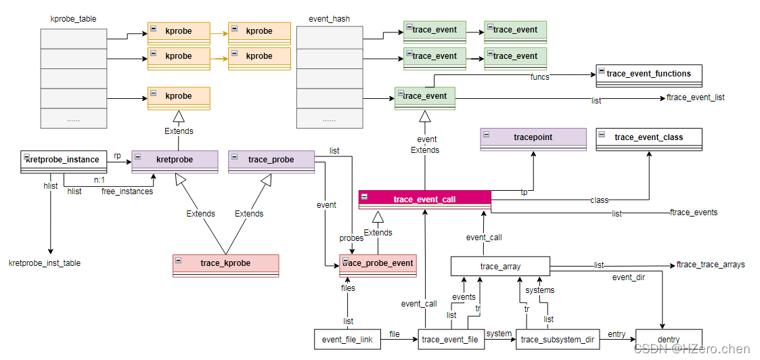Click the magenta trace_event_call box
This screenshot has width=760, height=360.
pyautogui.click(x=424, y=200)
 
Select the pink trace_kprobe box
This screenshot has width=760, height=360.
pyautogui.click(x=225, y=264)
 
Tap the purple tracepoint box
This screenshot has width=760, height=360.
pyautogui.click(x=533, y=138)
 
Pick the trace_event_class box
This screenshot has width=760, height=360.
pyautogui.click(x=648, y=138)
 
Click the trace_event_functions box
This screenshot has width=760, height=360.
pyautogui.click(x=648, y=74)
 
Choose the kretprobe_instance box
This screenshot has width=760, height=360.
pyautogui.click(x=64, y=160)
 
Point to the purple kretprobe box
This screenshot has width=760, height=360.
pyautogui.click(x=175, y=160)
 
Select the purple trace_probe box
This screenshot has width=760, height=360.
pyautogui.click(x=271, y=160)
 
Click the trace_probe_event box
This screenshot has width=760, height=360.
pyautogui.click(x=377, y=264)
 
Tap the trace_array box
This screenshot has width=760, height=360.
pyautogui.click(x=500, y=266)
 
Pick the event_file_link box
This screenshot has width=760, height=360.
pyautogui.click(x=347, y=339)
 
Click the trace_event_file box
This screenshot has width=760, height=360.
pyautogui.click(x=451, y=339)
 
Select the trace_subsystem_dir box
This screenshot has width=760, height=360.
pyautogui.click(x=558, y=339)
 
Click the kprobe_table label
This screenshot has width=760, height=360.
pyautogui.click(x=73, y=19)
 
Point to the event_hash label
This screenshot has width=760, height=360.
pyautogui.click(x=329, y=19)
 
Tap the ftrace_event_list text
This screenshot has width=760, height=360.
pyautogui.click(x=696, y=97)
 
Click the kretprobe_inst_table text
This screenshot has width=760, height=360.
pyautogui.click(x=45, y=263)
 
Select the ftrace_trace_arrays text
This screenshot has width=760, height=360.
pyautogui.click(x=711, y=265)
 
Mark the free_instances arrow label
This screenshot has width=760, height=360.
pyautogui.click(x=127, y=192)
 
